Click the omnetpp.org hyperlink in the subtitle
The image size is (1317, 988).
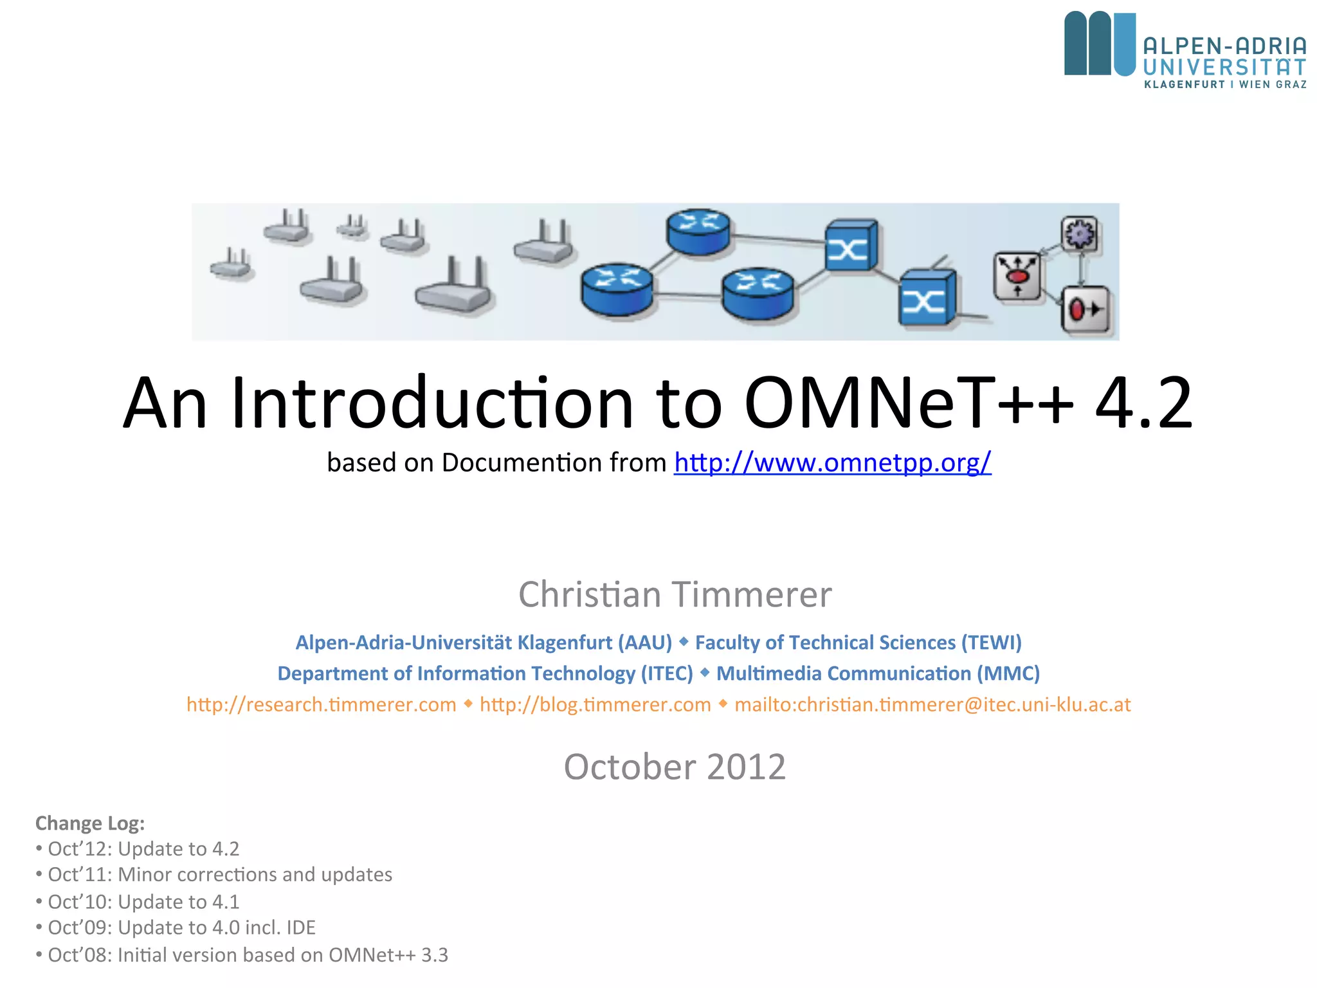[832, 463]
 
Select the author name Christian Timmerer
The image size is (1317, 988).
[675, 594]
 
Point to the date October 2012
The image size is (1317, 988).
[675, 767]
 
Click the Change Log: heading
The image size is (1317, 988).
[90, 823]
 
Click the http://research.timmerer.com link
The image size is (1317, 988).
[322, 705]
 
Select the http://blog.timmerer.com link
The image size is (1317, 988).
[595, 705]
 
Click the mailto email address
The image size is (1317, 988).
[932, 705]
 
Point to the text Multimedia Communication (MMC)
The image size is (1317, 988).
[878, 673]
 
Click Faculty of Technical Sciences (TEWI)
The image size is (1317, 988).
[858, 643]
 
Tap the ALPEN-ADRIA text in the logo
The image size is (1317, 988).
[1224, 46]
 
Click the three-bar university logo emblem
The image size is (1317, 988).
[1100, 44]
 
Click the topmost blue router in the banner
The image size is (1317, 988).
[698, 232]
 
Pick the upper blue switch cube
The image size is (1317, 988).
[851, 246]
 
